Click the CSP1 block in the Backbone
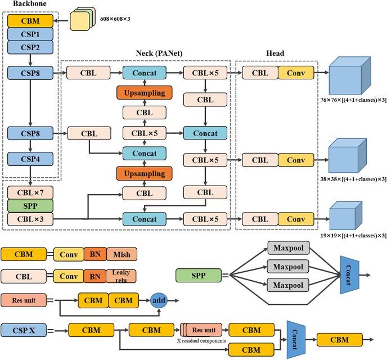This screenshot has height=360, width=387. tap(30, 34)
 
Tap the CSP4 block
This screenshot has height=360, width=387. tap(30, 159)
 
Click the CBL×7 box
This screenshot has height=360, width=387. tap(30, 192)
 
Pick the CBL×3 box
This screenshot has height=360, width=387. tap(30, 218)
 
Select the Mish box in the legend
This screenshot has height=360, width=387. tap(120, 255)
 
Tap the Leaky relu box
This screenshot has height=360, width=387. tap(121, 276)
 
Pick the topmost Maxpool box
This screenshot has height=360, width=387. tap(289, 247)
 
